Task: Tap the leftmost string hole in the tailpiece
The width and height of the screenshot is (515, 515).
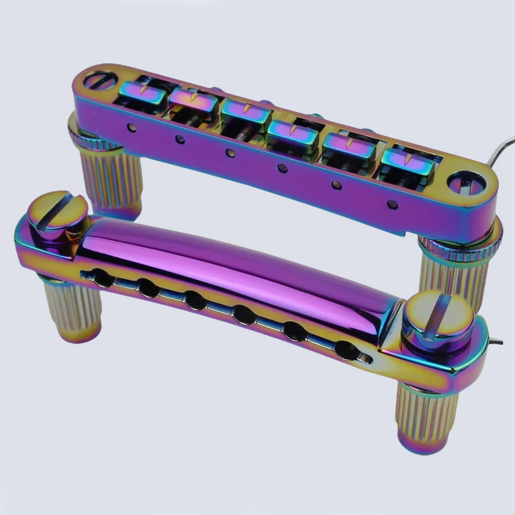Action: [x=102, y=279]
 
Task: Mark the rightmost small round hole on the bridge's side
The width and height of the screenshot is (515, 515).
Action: [x=392, y=204]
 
